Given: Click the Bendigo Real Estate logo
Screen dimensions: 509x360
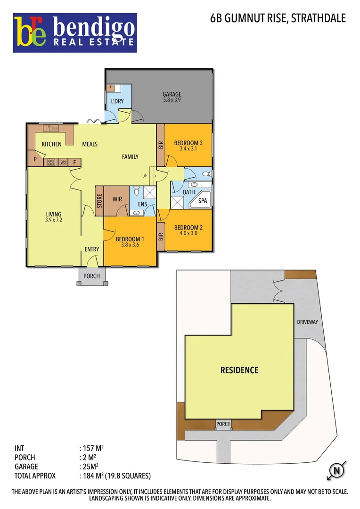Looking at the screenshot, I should point(75,33).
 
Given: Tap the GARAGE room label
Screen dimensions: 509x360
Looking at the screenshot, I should point(172,94).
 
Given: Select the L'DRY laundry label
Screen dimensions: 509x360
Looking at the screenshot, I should point(117,101).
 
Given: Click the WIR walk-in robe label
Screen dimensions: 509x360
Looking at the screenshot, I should point(117,199).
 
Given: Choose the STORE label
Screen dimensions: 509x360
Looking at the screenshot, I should point(99,201).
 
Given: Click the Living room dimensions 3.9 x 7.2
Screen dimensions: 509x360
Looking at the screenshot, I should point(54,220).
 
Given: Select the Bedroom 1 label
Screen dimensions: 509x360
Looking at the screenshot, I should point(130,238).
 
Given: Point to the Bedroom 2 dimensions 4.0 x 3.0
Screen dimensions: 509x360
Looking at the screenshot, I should point(188,233).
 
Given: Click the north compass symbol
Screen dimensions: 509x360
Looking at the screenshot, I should point(336,470).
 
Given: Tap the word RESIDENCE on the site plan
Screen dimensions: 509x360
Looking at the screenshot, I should point(239,370).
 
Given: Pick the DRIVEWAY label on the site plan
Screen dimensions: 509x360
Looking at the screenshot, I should point(308,322).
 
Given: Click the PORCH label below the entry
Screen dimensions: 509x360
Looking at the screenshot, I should point(91,276).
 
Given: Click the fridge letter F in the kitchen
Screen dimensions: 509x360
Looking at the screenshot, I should point(74,163).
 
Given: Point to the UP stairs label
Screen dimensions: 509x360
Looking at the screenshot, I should point(145,176).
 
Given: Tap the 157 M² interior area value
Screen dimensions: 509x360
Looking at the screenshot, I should point(90,448).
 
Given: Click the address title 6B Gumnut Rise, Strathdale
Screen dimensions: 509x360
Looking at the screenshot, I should point(278,19).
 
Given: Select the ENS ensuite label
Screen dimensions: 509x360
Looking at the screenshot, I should point(143,205).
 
